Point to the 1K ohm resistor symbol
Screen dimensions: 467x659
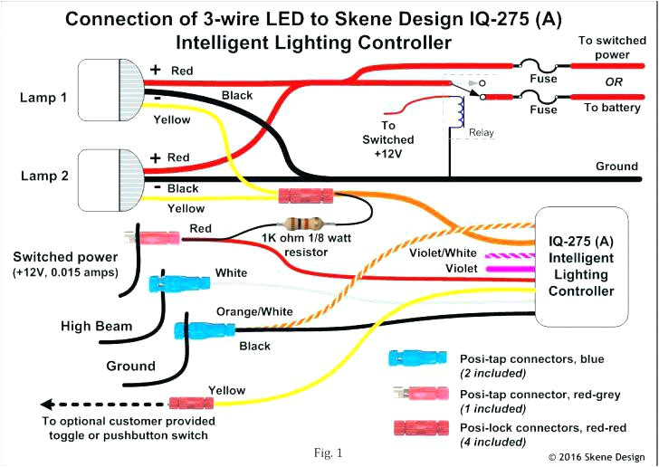(x=303, y=224)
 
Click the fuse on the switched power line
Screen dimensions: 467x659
(x=542, y=66)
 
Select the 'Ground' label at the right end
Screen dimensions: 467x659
(x=616, y=167)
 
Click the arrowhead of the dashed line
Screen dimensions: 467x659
(x=46, y=403)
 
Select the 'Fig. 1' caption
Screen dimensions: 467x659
(x=329, y=452)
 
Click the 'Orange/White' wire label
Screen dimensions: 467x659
(x=253, y=311)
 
